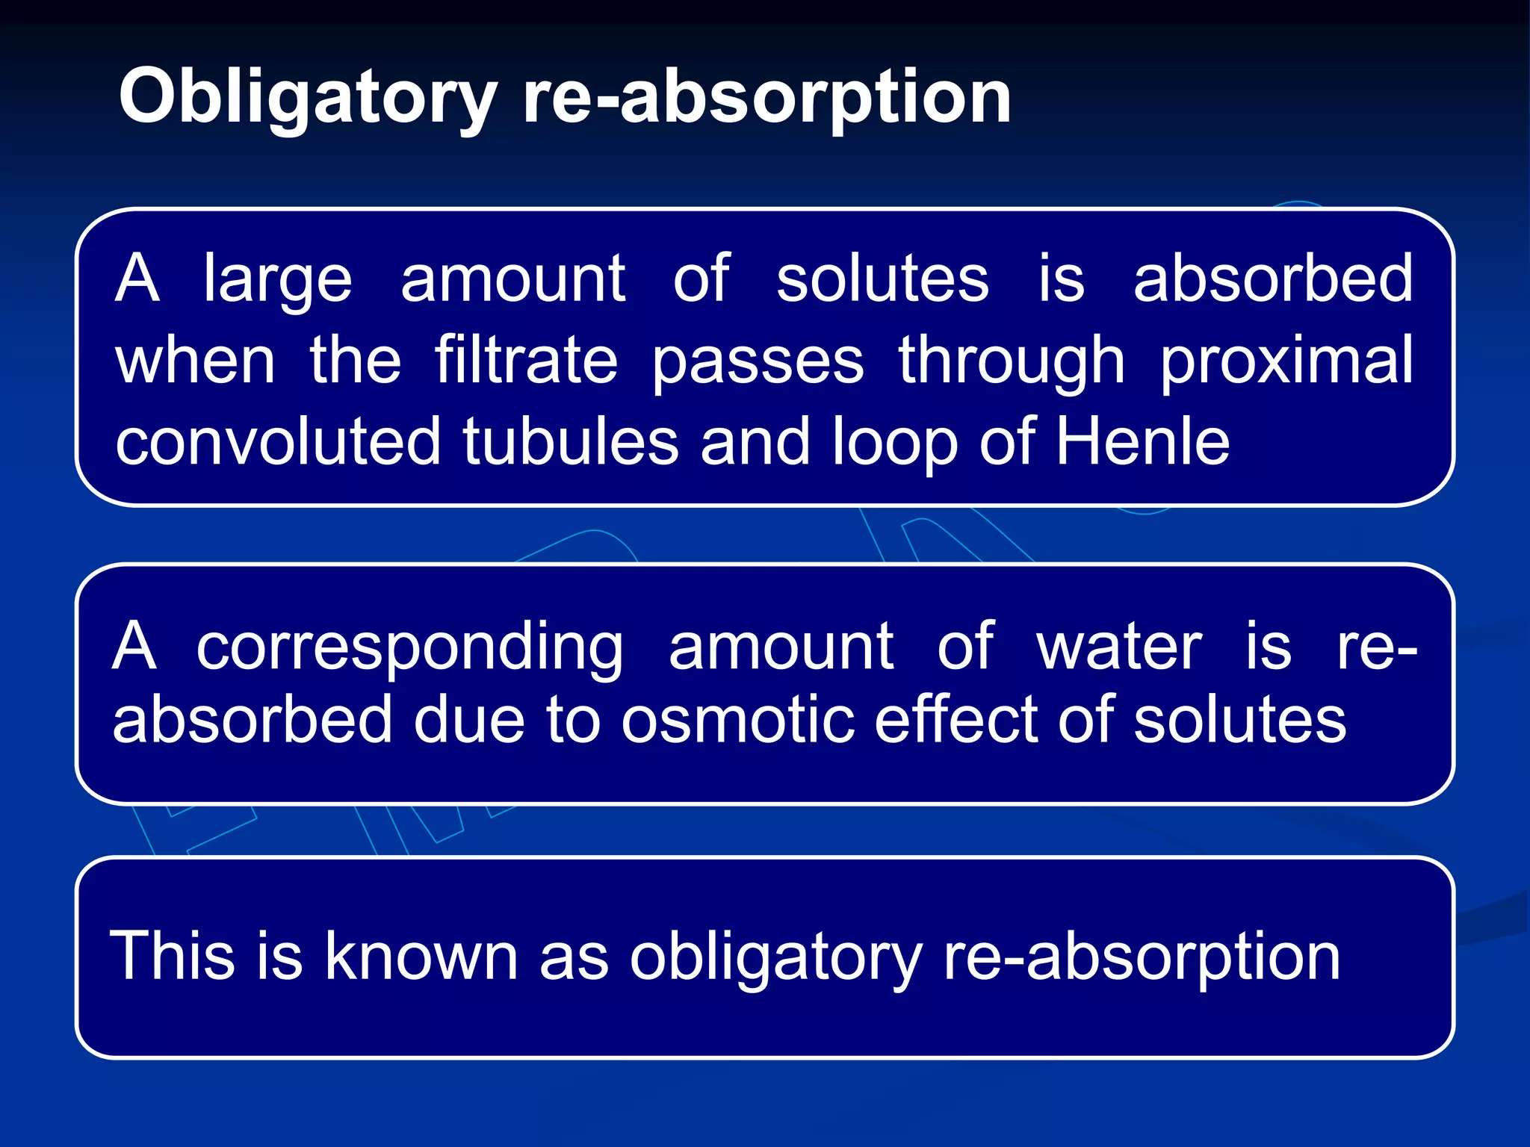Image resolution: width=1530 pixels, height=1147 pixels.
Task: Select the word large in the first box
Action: click(277, 281)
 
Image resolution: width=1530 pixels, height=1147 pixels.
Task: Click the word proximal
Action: click(1286, 362)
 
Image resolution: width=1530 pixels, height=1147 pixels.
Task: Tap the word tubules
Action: click(571, 442)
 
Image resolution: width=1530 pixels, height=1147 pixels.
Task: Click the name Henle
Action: click(1142, 442)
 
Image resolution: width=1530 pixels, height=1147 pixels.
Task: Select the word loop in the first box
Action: click(894, 444)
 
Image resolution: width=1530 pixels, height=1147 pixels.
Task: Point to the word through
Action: click(1012, 362)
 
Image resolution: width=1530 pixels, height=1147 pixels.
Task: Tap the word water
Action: click(1119, 647)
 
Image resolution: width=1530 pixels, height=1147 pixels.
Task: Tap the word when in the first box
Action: click(196, 362)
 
